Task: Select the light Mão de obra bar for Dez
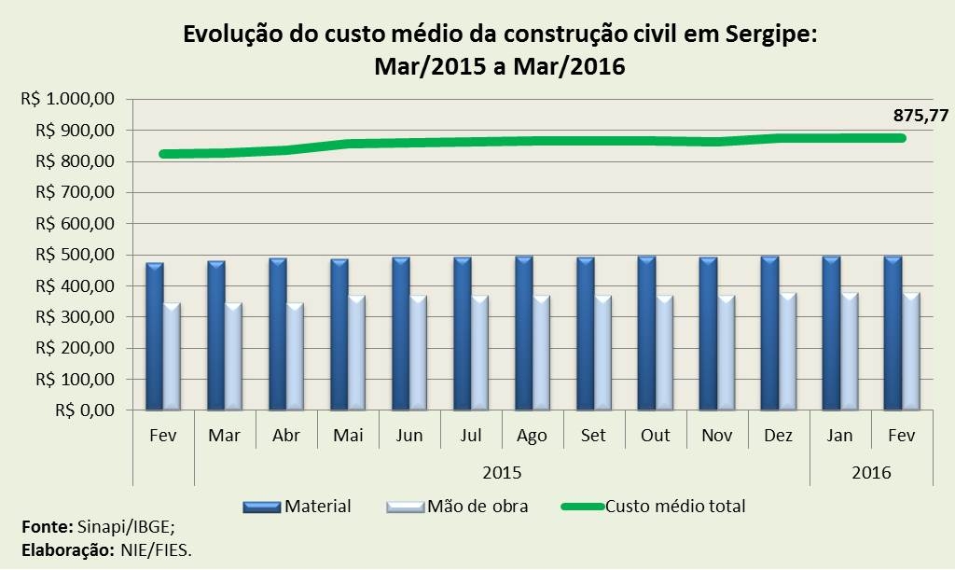(x=788, y=352)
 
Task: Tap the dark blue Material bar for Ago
(x=523, y=333)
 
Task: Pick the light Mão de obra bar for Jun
(x=419, y=354)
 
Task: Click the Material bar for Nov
(x=708, y=334)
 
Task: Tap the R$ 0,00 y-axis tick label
(x=85, y=410)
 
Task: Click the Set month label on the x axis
(x=593, y=436)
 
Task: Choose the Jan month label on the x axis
(x=839, y=436)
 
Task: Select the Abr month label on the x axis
(x=285, y=436)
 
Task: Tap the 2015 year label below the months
(x=502, y=472)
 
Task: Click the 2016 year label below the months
(x=871, y=472)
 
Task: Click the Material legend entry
(x=317, y=507)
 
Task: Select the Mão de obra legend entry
(x=477, y=507)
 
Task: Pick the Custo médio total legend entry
(x=675, y=507)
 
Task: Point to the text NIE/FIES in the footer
(x=156, y=549)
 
